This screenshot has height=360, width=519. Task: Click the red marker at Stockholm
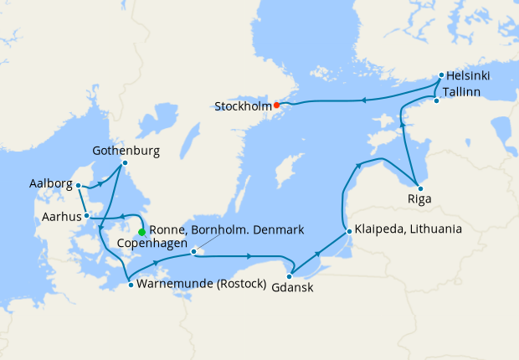click(277, 105)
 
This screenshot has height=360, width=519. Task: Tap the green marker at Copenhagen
click(142, 232)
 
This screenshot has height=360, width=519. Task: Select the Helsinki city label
click(467, 75)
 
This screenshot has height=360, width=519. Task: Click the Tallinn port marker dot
click(436, 101)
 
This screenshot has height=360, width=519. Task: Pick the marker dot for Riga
click(420, 188)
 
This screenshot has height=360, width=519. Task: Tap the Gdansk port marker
click(289, 275)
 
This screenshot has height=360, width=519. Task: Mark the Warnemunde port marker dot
click(131, 285)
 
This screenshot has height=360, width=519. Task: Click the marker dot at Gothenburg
click(125, 162)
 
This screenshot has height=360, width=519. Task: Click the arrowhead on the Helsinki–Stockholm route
click(363, 100)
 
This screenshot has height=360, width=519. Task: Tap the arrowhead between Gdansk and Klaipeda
click(316, 253)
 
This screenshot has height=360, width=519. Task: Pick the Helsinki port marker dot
click(440, 75)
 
